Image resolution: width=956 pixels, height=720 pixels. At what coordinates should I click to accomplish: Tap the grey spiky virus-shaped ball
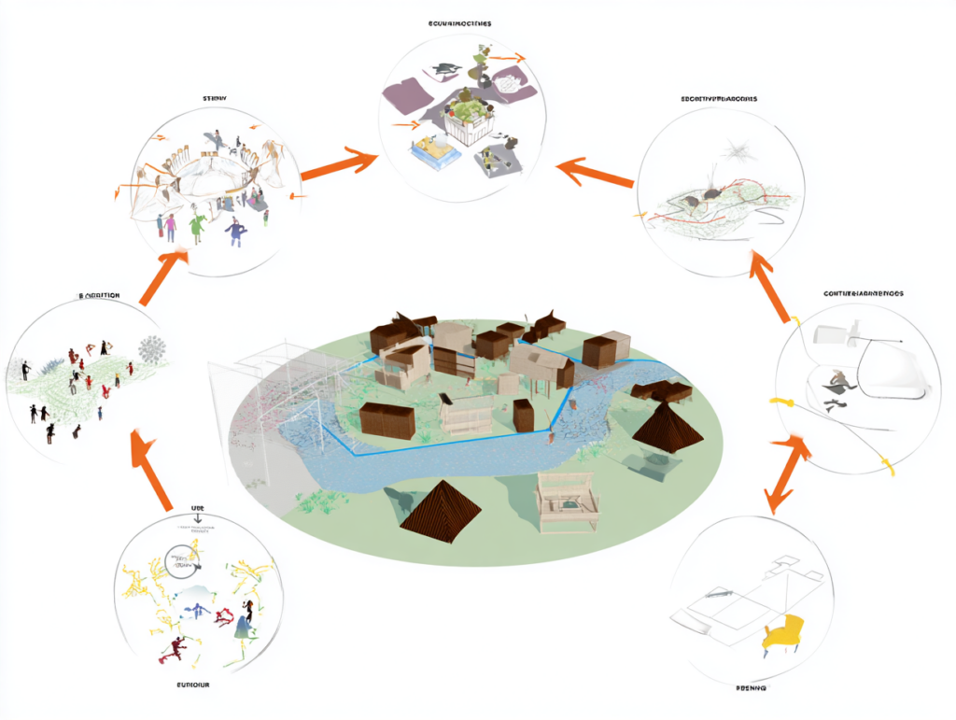[x=151, y=350]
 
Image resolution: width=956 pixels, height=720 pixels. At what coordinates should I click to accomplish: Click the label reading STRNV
[x=216, y=98]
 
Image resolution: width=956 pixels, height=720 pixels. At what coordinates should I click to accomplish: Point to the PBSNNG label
[x=752, y=687]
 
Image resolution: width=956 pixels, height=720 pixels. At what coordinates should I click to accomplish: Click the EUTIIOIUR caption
[x=193, y=685]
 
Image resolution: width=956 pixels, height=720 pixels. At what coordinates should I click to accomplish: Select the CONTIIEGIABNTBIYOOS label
[x=863, y=293]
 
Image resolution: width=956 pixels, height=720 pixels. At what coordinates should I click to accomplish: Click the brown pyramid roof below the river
[x=441, y=511]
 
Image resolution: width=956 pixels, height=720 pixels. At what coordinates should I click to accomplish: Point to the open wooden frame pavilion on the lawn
[x=567, y=501]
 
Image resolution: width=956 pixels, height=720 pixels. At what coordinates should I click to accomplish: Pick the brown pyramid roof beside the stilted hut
[x=668, y=429]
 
